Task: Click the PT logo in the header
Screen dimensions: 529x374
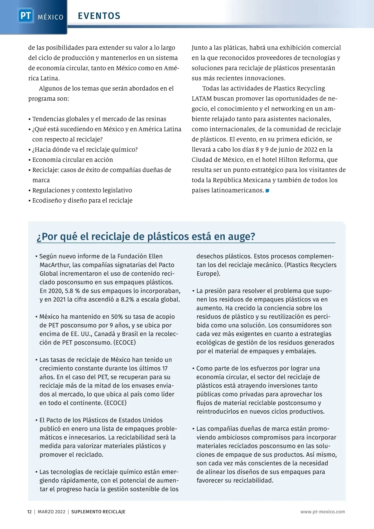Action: coord(25,15)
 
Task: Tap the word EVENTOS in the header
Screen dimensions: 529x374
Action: coord(99,16)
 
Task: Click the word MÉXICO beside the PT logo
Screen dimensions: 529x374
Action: coord(50,17)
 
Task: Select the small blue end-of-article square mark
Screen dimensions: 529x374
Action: coord(267,190)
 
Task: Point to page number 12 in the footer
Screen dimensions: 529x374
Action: coord(29,512)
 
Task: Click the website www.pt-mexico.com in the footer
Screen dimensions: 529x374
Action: coord(323,512)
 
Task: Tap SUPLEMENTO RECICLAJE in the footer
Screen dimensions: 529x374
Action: coord(98,512)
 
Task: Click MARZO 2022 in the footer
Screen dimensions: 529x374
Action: coord(51,512)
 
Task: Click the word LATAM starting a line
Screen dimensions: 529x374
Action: coord(201,99)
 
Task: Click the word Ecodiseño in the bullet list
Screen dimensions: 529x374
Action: coord(47,201)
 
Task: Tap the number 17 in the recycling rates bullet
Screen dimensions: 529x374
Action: coord(165,369)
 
